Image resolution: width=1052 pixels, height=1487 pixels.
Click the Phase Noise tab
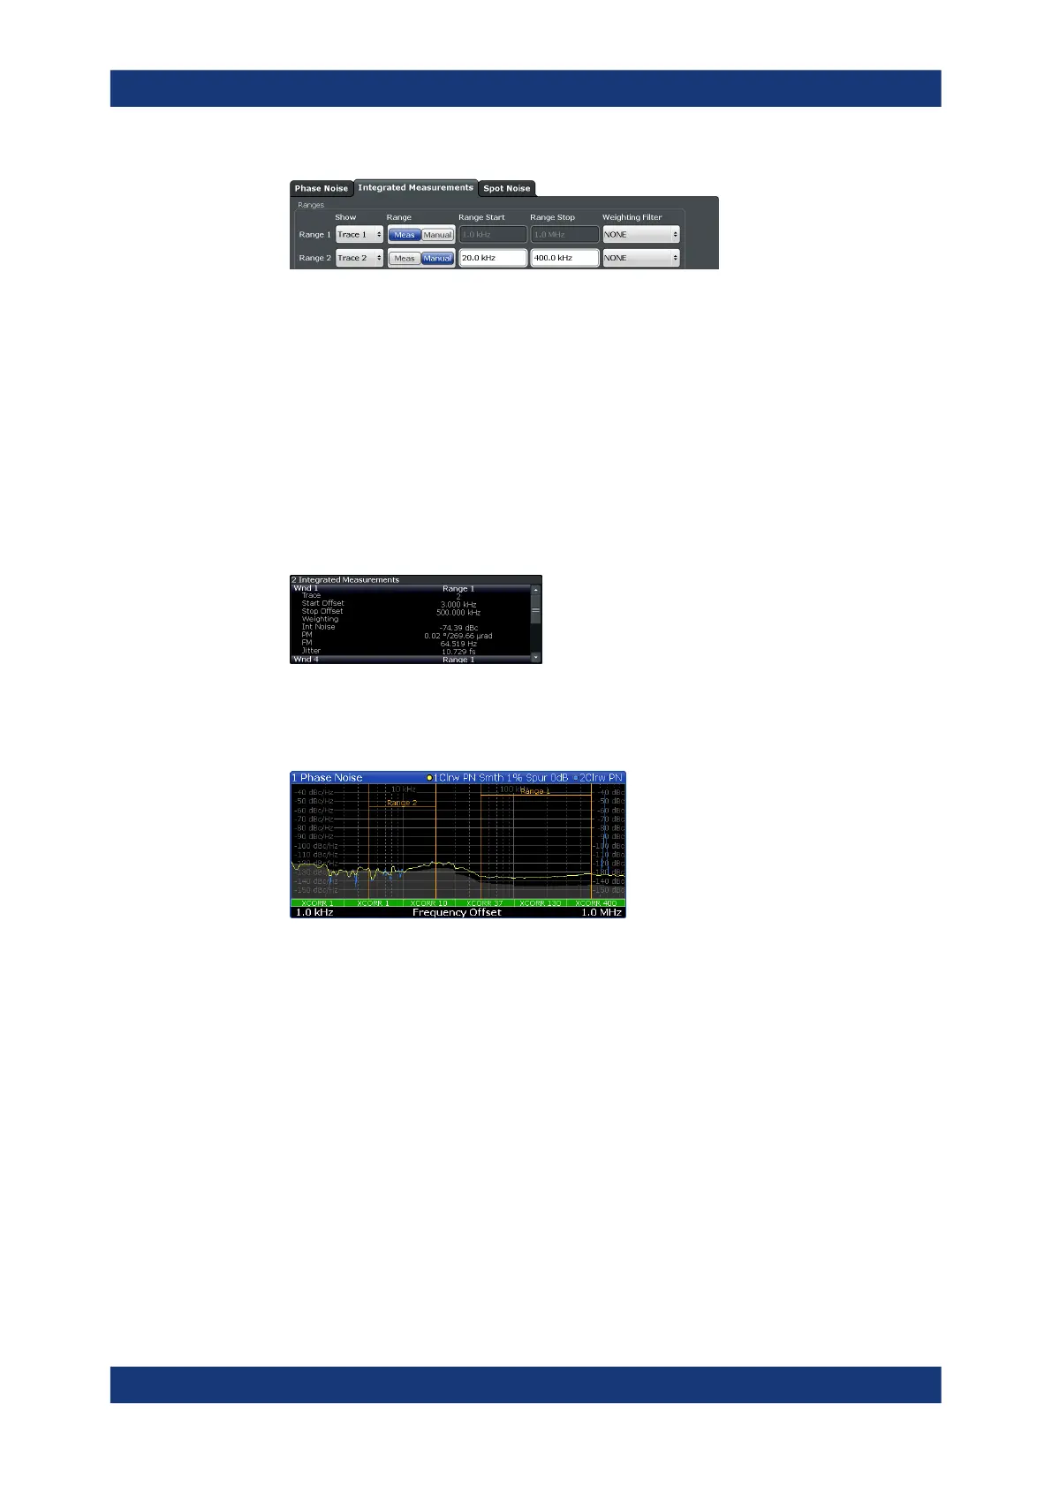pos(321,188)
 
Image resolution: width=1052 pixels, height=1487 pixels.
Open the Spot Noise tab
pos(506,188)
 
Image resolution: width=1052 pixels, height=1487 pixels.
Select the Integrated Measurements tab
pos(415,187)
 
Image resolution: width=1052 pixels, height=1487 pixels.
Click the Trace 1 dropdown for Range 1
pos(359,235)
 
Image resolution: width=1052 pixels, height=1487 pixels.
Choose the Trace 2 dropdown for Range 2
pos(359,258)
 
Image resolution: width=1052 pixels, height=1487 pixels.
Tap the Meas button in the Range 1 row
pos(405,235)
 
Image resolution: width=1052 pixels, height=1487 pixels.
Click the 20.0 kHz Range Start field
pos(492,258)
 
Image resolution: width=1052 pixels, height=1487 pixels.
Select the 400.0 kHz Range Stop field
pos(564,258)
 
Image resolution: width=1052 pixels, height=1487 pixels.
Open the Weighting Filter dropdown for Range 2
pos(640,258)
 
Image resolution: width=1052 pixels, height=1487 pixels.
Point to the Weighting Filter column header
pos(632,217)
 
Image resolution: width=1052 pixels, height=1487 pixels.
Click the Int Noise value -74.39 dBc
pos(458,628)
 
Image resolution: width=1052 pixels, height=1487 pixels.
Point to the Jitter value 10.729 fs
pos(458,652)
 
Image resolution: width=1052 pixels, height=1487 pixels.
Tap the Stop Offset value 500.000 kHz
pos(458,612)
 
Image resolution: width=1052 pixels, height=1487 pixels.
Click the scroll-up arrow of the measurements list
pos(535,589)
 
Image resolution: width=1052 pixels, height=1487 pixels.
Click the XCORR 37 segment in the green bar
pos(485,903)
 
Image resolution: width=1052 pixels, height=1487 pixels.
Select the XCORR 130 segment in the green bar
pos(540,903)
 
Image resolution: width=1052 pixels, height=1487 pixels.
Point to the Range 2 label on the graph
pos(401,803)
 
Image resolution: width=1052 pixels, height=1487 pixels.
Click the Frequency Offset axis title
pos(457,912)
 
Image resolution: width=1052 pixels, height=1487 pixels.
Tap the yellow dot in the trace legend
pos(429,778)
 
